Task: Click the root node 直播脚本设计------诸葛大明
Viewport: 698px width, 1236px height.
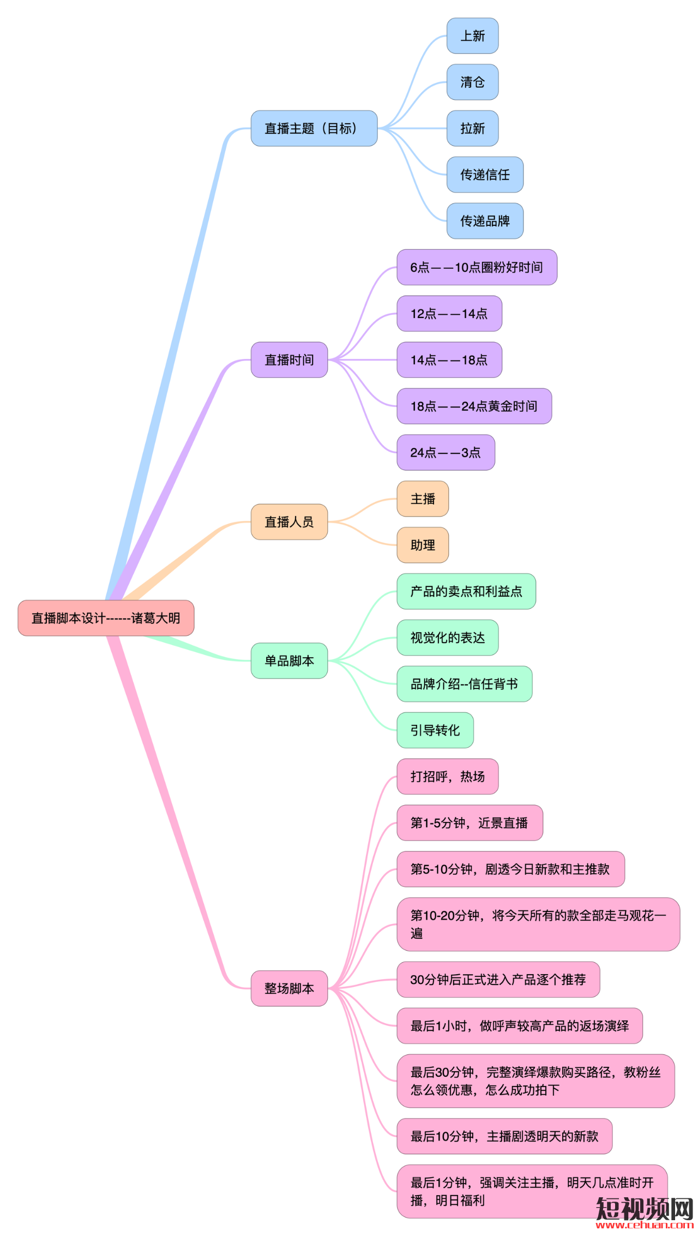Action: (106, 618)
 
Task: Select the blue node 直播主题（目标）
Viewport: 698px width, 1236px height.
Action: (314, 129)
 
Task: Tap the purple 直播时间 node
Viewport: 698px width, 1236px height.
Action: (289, 360)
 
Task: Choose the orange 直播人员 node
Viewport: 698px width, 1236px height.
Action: (289, 522)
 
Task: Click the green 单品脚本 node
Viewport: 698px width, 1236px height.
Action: (289, 661)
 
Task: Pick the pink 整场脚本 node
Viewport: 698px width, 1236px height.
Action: (289, 988)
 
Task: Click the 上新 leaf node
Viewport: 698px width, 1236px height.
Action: (472, 36)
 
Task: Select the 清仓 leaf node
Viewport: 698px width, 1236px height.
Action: (472, 82)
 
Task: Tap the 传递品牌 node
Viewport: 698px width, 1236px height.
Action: (485, 221)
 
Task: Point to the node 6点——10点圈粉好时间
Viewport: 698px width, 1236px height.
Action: (477, 267)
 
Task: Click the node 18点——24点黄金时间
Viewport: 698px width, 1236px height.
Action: (474, 406)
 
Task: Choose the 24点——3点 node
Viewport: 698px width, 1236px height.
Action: (446, 453)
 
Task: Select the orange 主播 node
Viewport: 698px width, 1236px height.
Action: (423, 499)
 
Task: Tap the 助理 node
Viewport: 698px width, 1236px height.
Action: (423, 545)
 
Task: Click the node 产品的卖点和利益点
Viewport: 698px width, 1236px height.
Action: (466, 591)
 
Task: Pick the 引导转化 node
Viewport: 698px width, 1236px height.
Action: (435, 730)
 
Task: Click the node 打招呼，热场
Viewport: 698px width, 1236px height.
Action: (447, 777)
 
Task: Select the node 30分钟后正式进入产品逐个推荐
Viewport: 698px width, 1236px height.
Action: (498, 980)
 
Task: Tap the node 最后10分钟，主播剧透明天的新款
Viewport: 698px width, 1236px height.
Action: (504, 1136)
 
